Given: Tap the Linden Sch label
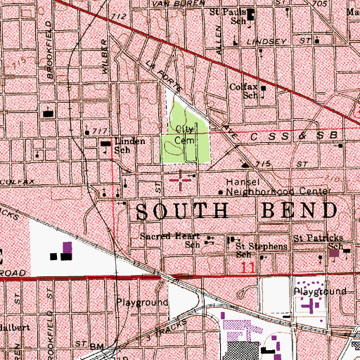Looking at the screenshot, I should click(x=129, y=145).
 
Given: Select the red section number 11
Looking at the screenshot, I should click(x=247, y=268).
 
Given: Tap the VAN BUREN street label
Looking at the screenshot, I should click(x=177, y=4).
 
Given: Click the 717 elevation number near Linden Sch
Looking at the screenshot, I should click(x=98, y=131).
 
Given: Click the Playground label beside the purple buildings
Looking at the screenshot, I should click(x=320, y=290).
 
